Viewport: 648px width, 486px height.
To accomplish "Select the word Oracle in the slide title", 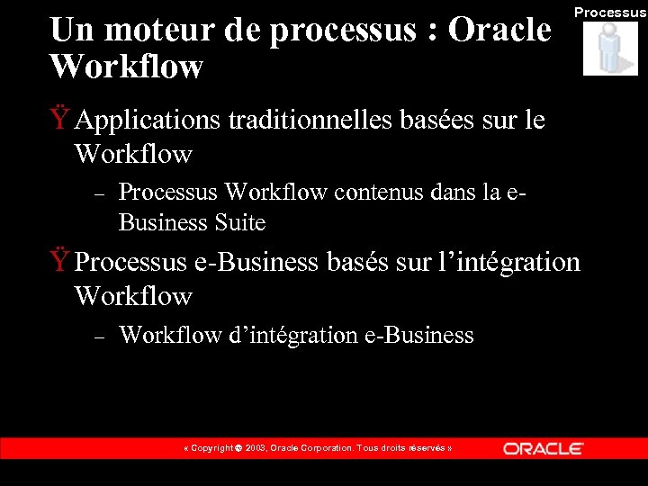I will click(x=499, y=30).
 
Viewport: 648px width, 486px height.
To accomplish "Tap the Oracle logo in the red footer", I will click(x=543, y=448).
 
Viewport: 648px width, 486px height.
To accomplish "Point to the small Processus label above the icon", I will click(x=609, y=13).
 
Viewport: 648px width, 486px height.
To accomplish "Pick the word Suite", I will click(x=240, y=222).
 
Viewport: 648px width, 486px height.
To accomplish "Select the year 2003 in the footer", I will click(x=254, y=448).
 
